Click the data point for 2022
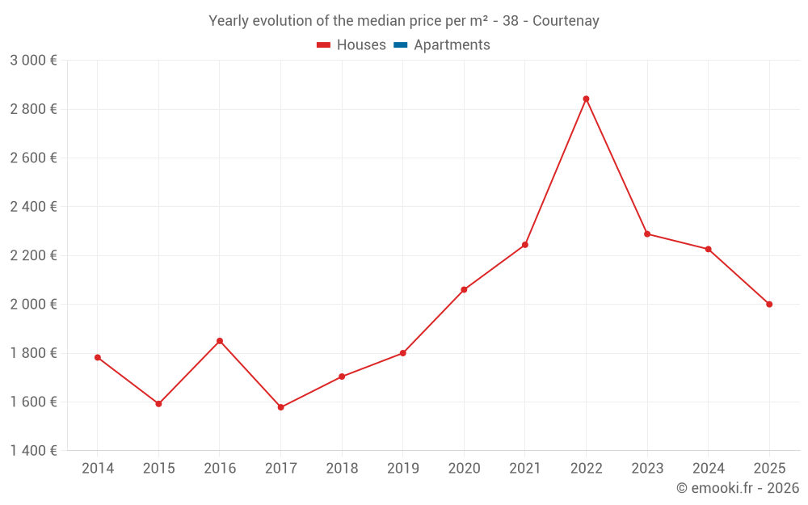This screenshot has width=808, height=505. (586, 99)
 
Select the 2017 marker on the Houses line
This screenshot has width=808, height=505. (280, 407)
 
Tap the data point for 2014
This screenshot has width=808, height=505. (98, 357)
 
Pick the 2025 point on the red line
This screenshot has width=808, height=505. (769, 305)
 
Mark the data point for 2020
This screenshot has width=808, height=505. (464, 289)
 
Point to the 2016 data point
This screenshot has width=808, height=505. (220, 341)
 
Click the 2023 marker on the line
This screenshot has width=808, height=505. (647, 234)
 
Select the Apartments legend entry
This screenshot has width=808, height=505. (452, 45)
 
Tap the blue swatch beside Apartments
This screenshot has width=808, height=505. (400, 45)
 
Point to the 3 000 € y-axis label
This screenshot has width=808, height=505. (33, 61)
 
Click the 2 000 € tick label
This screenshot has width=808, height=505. (33, 305)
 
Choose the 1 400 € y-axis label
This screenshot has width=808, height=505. (33, 451)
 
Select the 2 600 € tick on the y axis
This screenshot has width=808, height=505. (33, 158)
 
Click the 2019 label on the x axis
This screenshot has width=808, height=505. (402, 469)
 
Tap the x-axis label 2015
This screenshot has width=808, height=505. (158, 469)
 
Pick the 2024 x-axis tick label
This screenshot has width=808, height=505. (708, 469)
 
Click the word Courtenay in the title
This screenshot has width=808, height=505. (569, 21)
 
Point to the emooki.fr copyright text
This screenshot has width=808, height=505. (737, 488)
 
